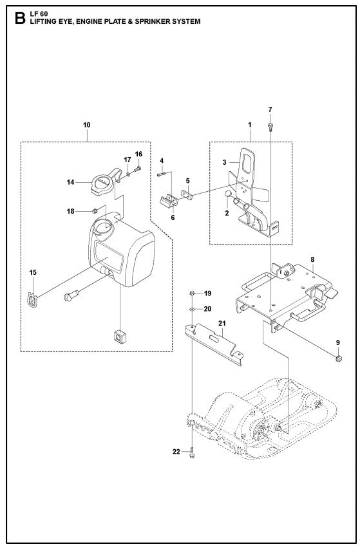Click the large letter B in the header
click(19, 17)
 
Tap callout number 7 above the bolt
click(270, 109)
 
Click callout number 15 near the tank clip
click(32, 273)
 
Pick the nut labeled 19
click(192, 293)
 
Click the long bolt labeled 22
click(192, 453)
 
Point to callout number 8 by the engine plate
click(312, 260)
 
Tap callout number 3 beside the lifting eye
click(225, 163)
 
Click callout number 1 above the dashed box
click(250, 123)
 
